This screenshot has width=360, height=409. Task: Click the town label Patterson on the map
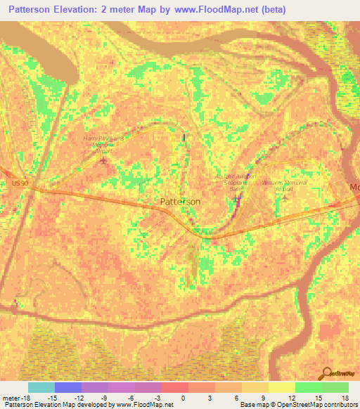pyautogui.click(x=180, y=202)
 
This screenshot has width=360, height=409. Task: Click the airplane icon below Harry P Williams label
pyautogui.click(x=104, y=162)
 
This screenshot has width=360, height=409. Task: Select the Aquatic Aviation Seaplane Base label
pyautogui.click(x=236, y=180)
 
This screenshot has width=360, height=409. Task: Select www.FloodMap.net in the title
pyautogui.click(x=214, y=10)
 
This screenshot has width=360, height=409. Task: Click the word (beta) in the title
pyautogui.click(x=272, y=10)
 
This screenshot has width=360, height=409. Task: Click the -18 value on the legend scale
pyautogui.click(x=25, y=397)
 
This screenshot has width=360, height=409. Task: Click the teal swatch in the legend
pyautogui.click(x=41, y=387)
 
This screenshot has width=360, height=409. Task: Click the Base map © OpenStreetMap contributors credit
pyautogui.click(x=299, y=405)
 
